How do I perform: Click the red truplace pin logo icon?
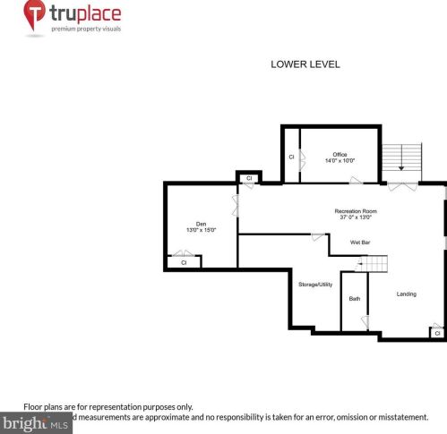[34, 15]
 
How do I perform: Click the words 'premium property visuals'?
[87, 30]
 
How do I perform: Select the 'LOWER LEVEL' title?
[305, 64]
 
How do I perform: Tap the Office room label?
[340, 154]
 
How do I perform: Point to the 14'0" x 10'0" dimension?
[340, 161]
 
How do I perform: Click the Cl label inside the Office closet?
[291, 157]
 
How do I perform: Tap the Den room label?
[201, 223]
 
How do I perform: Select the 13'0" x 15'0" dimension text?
[201, 230]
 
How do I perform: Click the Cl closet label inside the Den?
[184, 263]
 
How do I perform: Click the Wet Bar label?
[361, 243]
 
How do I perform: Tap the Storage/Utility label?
[314, 284]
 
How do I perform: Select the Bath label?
[355, 298]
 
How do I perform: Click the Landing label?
[406, 294]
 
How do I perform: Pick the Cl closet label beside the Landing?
[437, 333]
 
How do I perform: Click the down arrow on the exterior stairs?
[401, 166]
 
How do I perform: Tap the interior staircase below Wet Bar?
[376, 264]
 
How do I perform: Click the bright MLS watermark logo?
[36, 423]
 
